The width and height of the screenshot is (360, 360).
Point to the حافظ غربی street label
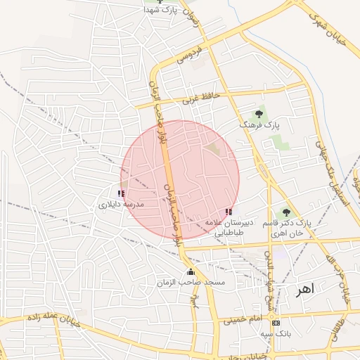(202, 98)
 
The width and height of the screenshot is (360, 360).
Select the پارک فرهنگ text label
(259, 124)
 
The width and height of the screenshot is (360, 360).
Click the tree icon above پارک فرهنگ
(259, 113)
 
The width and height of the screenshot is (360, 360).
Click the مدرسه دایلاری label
(120, 204)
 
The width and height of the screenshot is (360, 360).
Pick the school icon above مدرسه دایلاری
(121, 193)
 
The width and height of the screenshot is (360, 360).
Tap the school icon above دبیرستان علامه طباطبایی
(228, 211)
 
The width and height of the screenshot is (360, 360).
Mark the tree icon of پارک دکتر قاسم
(285, 212)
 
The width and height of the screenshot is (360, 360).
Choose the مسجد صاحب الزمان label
(191, 282)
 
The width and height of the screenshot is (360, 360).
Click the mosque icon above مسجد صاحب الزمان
(190, 272)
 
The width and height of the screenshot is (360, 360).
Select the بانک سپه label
(275, 333)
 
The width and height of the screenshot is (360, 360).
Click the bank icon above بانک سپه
(275, 323)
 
